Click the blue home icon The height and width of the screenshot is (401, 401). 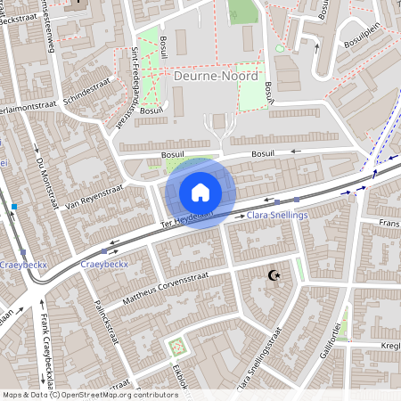coord(200,192)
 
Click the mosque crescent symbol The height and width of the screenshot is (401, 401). coord(274,276)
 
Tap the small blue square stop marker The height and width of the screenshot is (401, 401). coord(14,208)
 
